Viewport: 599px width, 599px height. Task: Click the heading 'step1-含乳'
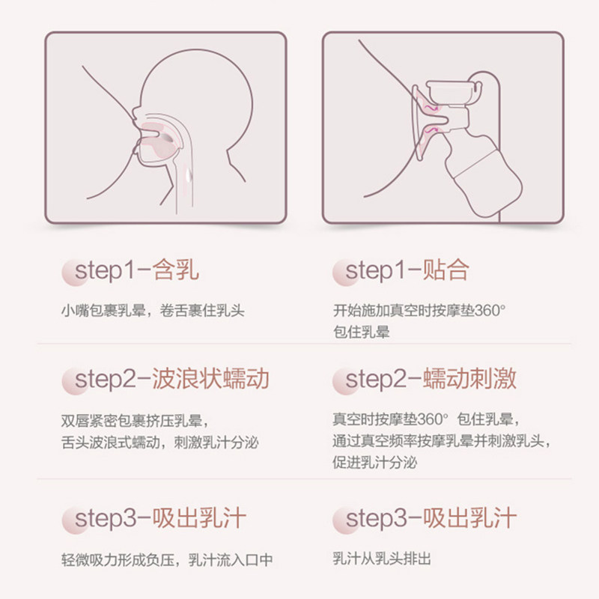(x=133, y=270)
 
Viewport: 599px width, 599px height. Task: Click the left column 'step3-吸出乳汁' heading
(x=157, y=518)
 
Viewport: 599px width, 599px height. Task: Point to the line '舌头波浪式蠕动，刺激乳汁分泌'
(x=160, y=442)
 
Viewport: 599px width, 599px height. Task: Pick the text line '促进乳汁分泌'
(x=375, y=463)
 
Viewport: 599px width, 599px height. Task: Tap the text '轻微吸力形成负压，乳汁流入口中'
(x=167, y=559)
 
